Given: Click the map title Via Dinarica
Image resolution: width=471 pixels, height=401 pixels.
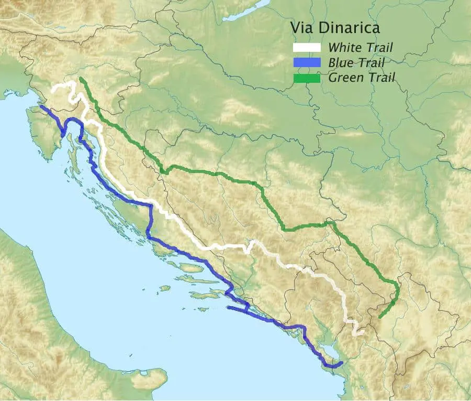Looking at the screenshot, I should coord(335,28).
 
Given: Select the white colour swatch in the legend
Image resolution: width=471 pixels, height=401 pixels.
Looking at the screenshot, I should coord(306,48).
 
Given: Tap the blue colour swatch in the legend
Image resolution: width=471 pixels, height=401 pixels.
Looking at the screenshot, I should coord(306,63).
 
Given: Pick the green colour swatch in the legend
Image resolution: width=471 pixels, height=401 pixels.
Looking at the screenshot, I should coord(306,78).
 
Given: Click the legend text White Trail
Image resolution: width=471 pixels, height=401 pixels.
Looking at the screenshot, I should coord(360,48).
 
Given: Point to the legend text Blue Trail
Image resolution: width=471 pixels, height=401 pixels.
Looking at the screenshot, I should coord(356,63).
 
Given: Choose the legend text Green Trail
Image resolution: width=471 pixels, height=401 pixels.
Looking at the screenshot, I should coord(362,78).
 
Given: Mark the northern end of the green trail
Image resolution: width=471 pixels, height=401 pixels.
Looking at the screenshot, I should coord(81,79).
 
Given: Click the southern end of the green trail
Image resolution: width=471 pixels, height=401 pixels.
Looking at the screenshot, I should coord(379,317).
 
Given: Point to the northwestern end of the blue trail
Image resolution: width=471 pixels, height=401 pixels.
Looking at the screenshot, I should coord(41,106).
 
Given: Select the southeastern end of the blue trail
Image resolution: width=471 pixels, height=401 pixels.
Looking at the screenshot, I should coord(342,362).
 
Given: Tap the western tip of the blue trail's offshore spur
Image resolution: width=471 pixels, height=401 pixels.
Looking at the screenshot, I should coord(228,308).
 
